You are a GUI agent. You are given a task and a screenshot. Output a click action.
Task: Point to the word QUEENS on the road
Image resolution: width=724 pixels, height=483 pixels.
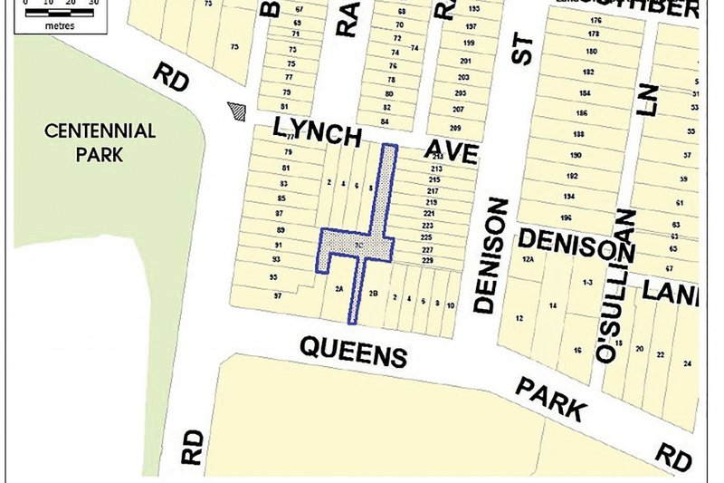click(x=353, y=350)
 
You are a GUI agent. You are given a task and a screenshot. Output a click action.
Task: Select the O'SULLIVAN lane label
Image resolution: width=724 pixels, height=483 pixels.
click(x=615, y=285)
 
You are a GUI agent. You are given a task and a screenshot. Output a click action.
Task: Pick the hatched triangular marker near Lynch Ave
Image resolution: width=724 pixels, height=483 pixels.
click(x=238, y=111)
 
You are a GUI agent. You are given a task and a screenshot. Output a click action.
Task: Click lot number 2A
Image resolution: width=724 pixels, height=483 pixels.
click(x=338, y=290)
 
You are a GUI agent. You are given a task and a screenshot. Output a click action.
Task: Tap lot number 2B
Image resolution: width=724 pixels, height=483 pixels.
click(x=373, y=293)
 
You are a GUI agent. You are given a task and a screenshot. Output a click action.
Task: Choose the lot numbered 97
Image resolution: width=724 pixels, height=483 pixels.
click(x=278, y=296)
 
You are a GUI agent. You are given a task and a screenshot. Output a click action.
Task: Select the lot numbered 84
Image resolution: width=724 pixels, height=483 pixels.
click(x=386, y=121)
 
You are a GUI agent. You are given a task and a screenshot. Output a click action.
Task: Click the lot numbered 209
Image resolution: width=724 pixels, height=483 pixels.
click(x=455, y=128)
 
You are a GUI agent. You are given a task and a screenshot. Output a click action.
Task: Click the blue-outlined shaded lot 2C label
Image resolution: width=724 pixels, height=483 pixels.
click(x=359, y=246)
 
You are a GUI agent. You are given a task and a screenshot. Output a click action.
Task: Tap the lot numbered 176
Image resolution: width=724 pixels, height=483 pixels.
click(x=595, y=20)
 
